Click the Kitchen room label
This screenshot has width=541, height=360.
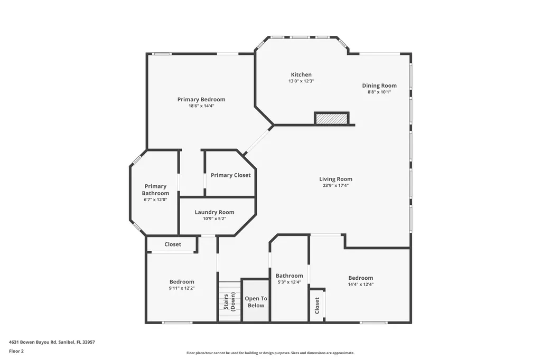(x=301, y=74)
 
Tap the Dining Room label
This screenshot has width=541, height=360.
(x=379, y=86)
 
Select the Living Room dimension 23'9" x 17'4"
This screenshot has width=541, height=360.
(x=335, y=185)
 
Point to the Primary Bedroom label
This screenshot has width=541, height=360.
(x=201, y=99)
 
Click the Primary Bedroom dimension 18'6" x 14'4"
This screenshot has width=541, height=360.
(x=201, y=106)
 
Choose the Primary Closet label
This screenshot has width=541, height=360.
(x=230, y=175)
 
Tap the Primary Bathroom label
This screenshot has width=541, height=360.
(x=155, y=190)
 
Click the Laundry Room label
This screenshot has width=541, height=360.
(x=214, y=212)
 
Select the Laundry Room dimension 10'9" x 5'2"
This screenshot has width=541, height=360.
(x=214, y=219)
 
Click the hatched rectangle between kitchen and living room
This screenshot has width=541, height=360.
(x=332, y=119)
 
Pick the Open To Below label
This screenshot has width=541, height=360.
(x=256, y=302)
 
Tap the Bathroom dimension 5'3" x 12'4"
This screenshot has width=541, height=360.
(x=289, y=282)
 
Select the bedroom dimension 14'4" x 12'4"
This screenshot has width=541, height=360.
(x=360, y=285)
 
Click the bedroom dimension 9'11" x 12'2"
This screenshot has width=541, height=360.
(x=181, y=288)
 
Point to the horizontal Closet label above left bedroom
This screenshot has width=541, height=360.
(x=173, y=244)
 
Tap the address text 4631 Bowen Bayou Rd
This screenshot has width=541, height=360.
(x=52, y=342)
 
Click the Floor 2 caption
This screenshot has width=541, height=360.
(x=16, y=351)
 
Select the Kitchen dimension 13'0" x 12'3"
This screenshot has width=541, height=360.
(x=301, y=81)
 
